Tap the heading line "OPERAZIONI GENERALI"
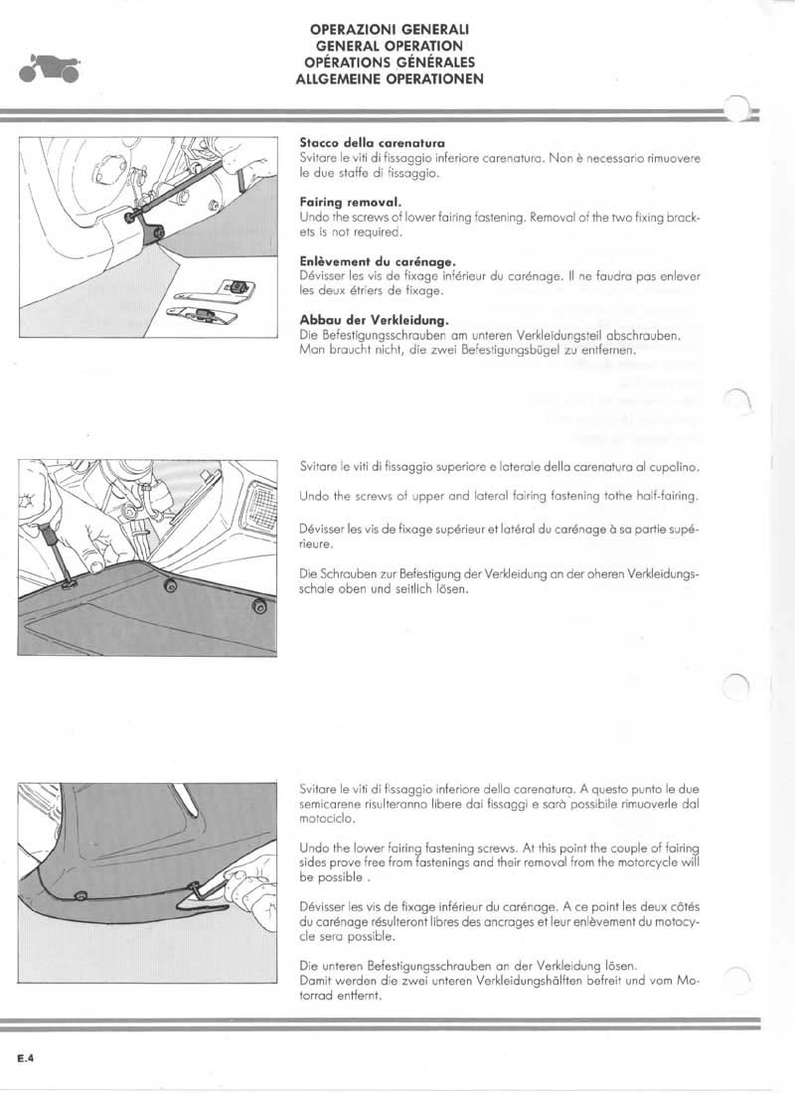pos(390,31)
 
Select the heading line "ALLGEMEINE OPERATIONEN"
pos(390,79)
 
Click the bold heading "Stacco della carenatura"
pos(372,143)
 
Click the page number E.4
pos(26,1058)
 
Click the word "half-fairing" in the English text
pos(669,496)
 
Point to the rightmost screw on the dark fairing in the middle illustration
pos(258,604)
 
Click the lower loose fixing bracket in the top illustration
pos(204,314)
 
